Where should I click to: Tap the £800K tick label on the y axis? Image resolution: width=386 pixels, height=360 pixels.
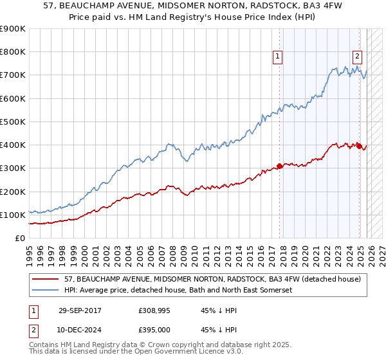click(13, 52)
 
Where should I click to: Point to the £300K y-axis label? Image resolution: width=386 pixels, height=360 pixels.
click(13, 168)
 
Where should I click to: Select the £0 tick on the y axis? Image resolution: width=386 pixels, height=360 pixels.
click(20, 239)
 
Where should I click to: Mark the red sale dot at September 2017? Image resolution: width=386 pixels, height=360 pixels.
click(280, 166)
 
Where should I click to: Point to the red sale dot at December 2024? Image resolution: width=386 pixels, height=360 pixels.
click(358, 146)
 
